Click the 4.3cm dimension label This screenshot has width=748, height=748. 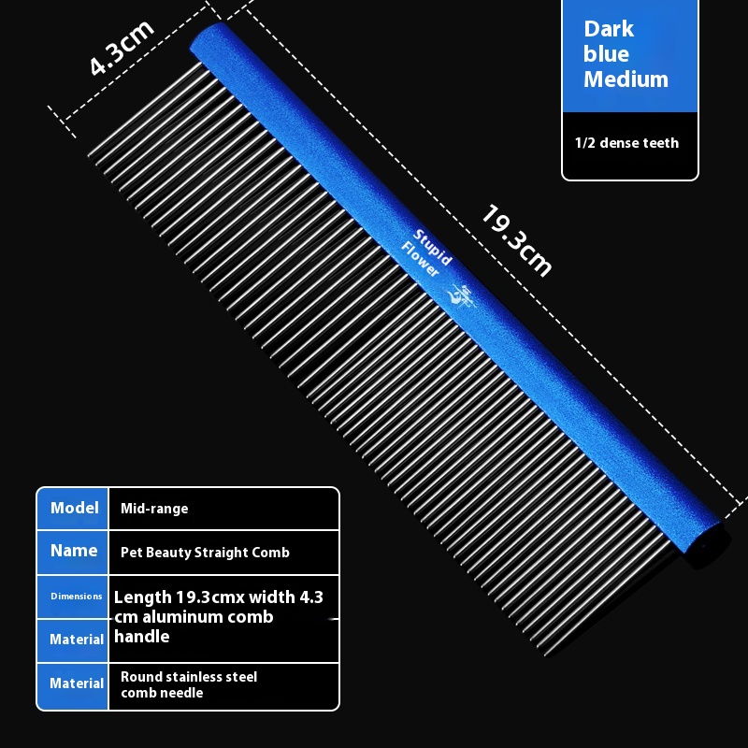[x=122, y=48]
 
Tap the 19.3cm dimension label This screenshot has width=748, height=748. [x=517, y=240]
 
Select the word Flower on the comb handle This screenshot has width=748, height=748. [x=420, y=259]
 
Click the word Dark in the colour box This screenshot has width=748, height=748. [x=609, y=30]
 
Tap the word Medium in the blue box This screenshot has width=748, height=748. [x=626, y=79]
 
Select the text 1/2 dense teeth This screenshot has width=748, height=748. [x=626, y=143]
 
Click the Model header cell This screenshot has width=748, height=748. [x=75, y=508]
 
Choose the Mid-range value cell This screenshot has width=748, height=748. [x=154, y=509]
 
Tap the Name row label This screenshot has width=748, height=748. [x=74, y=551]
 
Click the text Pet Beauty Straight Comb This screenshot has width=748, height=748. [x=205, y=553]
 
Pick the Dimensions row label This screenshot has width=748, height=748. [x=77, y=596]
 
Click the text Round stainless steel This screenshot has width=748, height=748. [x=189, y=676]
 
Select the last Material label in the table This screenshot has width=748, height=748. [x=77, y=683]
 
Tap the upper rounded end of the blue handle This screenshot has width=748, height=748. [x=203, y=37]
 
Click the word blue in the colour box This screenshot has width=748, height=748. [x=606, y=54]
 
